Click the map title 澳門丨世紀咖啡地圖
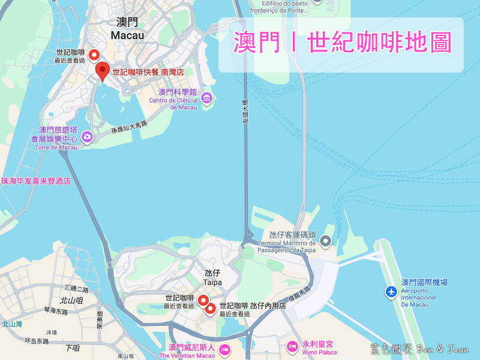click(342, 44)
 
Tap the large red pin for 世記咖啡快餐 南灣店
click(103, 71)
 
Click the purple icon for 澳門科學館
click(207, 98)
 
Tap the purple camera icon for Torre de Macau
click(88, 136)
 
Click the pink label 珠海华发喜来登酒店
click(36, 181)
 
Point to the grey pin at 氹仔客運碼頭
click(326, 241)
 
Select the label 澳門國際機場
click(424, 282)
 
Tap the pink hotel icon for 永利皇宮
click(292, 346)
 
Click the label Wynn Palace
click(320, 352)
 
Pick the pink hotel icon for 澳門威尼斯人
click(224, 349)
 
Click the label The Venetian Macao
click(187, 356)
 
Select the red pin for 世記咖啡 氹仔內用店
click(211, 309)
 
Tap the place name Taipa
click(212, 282)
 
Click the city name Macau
click(127, 35)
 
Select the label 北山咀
click(71, 301)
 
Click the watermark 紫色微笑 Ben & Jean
click(424, 349)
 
